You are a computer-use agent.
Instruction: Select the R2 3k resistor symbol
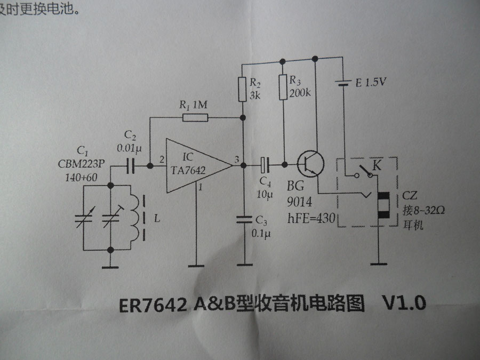coord(243,88)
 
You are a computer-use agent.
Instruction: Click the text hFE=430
coord(309,219)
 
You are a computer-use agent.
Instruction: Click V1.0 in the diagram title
coord(404,303)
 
